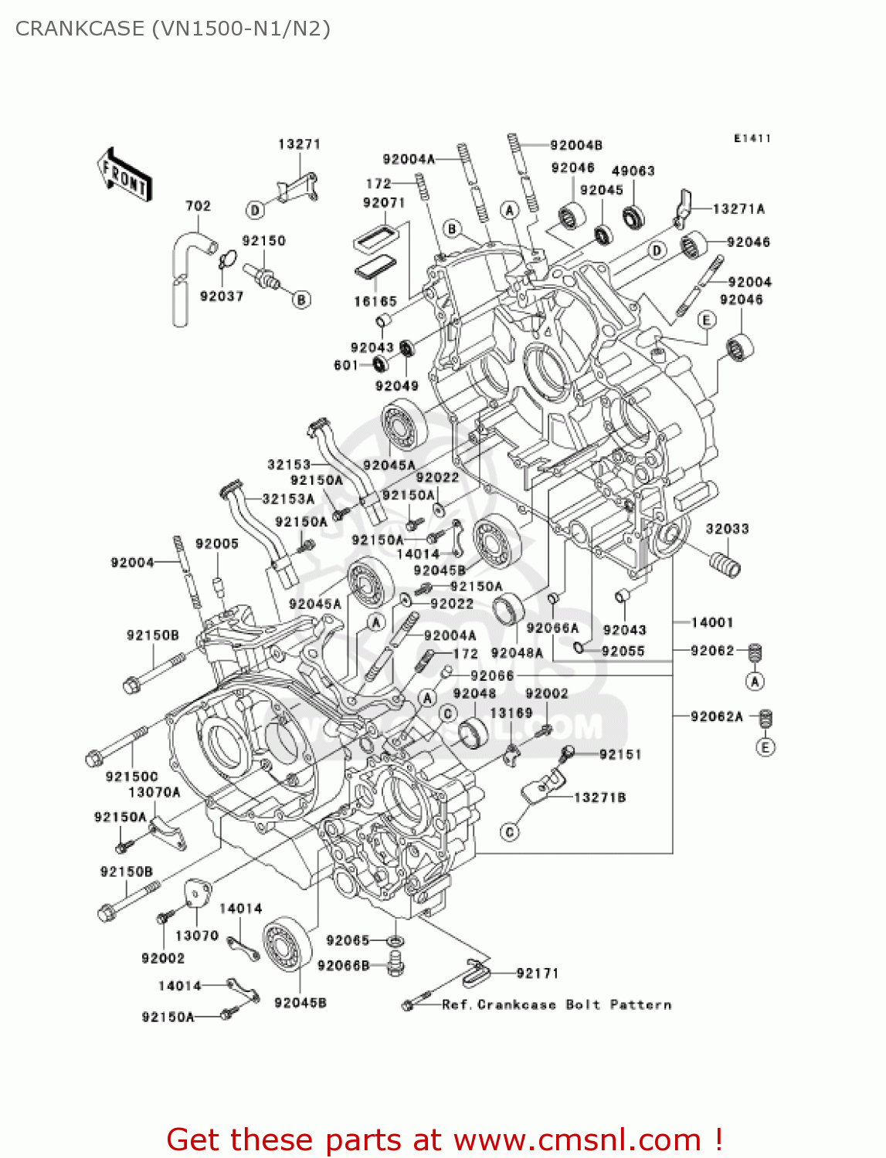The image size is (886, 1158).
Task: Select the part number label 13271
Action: coord(299,144)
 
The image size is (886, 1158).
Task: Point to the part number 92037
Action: coord(222,296)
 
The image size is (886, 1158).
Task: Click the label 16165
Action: coord(375,302)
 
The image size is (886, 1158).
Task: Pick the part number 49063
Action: coord(633,171)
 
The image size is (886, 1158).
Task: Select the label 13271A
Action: coord(738,209)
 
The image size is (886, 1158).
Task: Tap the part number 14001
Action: coord(711,622)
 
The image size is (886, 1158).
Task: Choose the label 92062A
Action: coord(716,717)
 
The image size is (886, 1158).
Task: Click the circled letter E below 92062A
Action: coord(765,747)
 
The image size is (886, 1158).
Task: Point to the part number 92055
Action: coord(623,652)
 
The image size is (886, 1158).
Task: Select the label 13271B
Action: coord(599,797)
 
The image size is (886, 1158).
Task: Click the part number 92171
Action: coord(537,973)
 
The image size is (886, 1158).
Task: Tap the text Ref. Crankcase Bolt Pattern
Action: coord(556,1005)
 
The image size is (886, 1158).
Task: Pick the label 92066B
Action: coord(343,966)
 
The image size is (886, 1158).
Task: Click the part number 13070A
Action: coord(154,792)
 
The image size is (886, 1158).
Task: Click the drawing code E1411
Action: coord(752,139)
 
